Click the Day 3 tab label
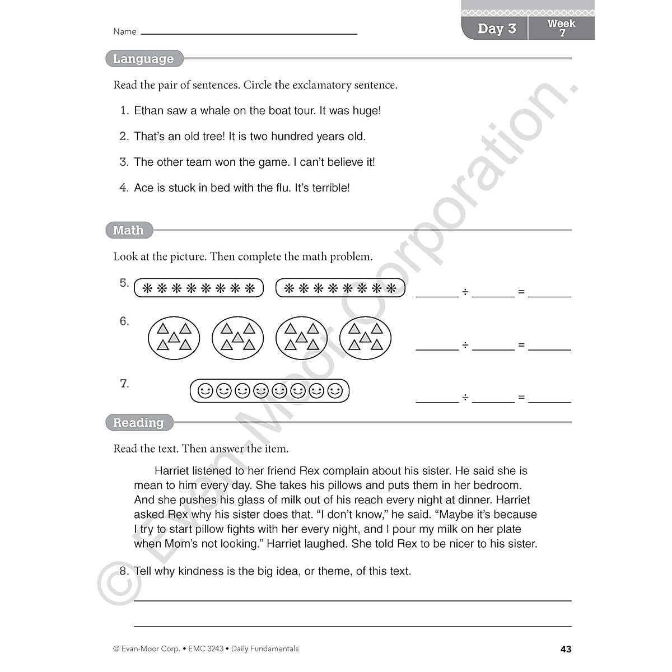point(496,29)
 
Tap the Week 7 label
point(561,28)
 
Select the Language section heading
point(143,59)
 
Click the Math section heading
point(128,230)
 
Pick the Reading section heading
point(138,423)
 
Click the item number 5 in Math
point(124,283)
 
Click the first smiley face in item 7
point(206,391)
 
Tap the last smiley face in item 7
point(335,391)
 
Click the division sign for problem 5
point(465,292)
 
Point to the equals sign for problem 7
point(521,398)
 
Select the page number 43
point(566,649)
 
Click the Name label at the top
point(124,32)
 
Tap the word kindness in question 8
point(201,572)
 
